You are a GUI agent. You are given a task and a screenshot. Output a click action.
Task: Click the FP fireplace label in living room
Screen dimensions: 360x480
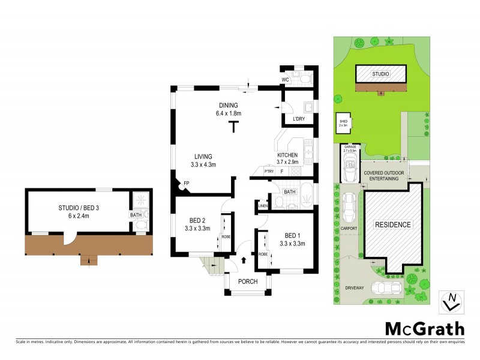[x=187, y=183]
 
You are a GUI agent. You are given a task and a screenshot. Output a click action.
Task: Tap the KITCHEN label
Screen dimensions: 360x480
[x=287, y=155]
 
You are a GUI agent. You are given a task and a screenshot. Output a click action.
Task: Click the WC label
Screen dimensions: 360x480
[x=287, y=80]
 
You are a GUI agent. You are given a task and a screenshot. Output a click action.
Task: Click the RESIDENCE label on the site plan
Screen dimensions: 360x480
[x=393, y=225]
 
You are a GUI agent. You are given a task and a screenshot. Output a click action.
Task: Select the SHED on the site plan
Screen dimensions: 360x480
[x=343, y=124]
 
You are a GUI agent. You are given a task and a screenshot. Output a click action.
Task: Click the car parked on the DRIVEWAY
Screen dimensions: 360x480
[x=386, y=289]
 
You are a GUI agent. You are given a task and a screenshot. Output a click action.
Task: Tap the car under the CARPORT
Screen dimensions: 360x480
[x=348, y=206]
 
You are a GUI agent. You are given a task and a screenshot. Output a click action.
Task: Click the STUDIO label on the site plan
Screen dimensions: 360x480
[x=380, y=74]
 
